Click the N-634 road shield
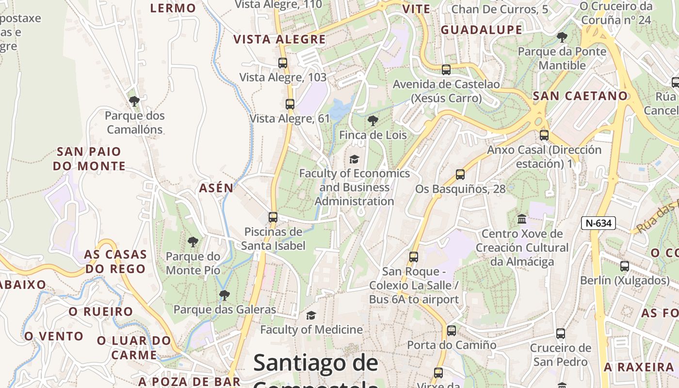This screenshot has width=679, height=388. (598, 223)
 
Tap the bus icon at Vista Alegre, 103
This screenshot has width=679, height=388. (283, 63)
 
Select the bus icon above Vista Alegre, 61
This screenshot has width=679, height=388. (290, 104)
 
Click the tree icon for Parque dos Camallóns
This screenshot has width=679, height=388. (134, 101)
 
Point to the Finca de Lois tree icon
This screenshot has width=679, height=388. (373, 121)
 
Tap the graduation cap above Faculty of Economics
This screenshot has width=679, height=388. (355, 159)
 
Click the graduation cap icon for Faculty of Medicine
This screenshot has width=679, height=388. (311, 316)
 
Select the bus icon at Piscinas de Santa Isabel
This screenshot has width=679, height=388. (273, 217)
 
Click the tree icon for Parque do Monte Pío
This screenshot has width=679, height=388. (193, 242)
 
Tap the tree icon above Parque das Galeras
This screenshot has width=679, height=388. (224, 295)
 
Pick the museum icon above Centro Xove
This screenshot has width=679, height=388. (522, 219)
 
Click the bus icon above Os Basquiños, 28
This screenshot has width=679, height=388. (460, 175)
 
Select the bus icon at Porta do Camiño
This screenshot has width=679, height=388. (452, 331)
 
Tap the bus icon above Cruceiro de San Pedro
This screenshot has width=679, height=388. (561, 334)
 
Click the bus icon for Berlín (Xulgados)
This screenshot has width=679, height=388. (625, 266)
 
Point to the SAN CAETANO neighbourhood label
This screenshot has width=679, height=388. (581, 96)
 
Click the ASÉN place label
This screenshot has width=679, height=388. (216, 188)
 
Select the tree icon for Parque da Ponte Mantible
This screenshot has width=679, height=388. (562, 37)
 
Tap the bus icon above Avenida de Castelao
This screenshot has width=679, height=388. (446, 70)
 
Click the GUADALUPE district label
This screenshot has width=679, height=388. (482, 30)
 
